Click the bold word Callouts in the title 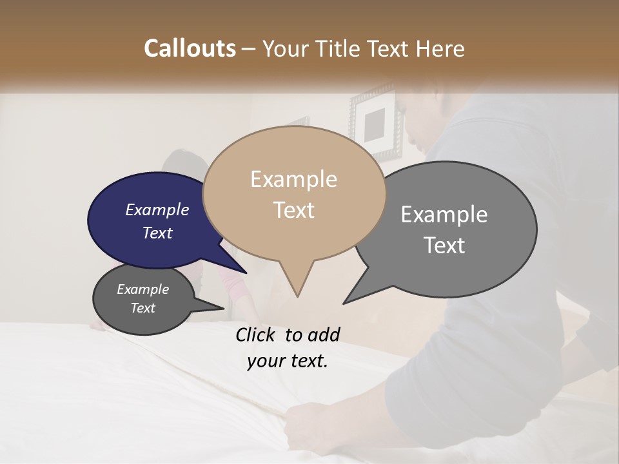pos(190,48)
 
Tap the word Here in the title pos(440,48)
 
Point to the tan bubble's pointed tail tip pos(297,296)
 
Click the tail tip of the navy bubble pos(246,273)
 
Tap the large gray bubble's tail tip pos(343,304)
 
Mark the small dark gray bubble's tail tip pos(224,309)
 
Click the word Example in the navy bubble pos(157,210)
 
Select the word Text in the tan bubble pos(294,210)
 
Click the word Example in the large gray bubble pos(444,215)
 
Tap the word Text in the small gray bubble pos(143,308)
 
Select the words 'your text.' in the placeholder pos(288,361)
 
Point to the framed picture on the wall pos(377,124)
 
